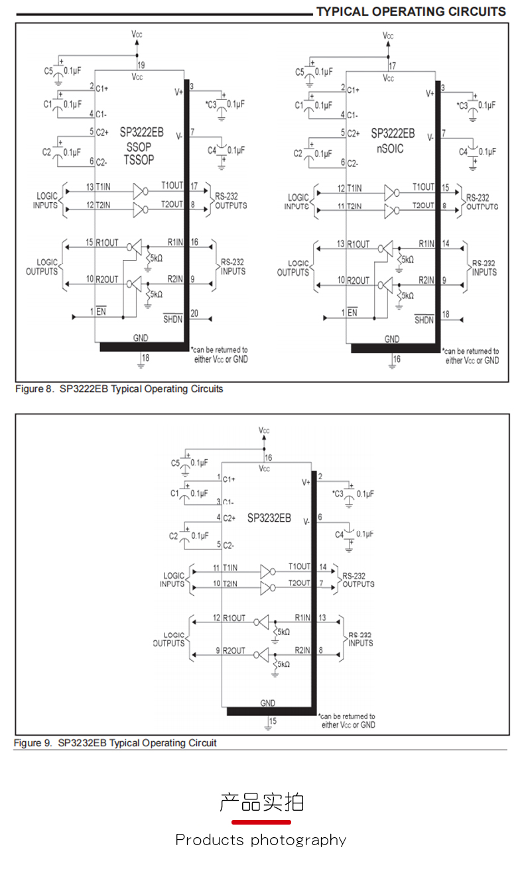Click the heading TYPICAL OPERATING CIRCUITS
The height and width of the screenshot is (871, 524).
coord(411,12)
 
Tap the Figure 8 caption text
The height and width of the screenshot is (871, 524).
coord(119,389)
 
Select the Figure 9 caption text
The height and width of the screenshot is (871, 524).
coord(115,743)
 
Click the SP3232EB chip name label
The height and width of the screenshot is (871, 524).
coord(269,518)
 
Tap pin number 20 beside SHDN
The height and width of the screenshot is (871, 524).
coord(194,314)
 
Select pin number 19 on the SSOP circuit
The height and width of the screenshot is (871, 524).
coord(141,65)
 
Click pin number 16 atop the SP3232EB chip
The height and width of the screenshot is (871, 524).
coord(268,457)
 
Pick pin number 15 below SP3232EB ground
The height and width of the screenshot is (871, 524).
coord(272,721)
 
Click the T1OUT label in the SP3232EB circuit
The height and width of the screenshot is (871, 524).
coord(298,566)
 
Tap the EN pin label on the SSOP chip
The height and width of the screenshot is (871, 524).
coord(101,312)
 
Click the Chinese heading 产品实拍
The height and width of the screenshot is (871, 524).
coord(261,802)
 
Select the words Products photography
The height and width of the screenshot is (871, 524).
coord(261,841)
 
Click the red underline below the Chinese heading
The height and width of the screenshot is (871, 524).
coord(261,822)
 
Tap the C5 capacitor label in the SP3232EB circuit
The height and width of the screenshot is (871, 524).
coord(175,463)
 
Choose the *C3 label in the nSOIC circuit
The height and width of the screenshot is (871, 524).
coord(463,105)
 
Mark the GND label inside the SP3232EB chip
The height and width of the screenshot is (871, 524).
coord(268,703)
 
